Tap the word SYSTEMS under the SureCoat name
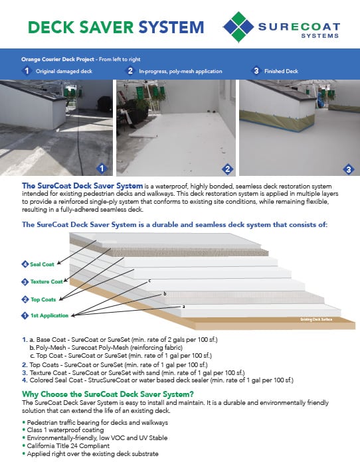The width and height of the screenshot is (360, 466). pos(321,37)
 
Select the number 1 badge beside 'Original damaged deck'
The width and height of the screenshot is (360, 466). pos(26,70)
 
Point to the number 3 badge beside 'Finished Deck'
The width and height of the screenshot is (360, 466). pos(256,70)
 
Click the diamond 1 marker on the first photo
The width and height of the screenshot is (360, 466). pos(102,168)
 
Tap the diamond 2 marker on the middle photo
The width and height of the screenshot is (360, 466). pos(227,168)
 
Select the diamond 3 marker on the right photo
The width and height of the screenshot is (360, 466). pos(349,168)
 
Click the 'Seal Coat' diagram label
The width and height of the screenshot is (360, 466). pos(41,265)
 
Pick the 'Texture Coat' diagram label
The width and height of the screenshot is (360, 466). pos(45,281)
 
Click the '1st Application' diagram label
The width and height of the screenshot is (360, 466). pos(47,315)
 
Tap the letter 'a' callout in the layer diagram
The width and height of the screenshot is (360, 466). pos(183,306)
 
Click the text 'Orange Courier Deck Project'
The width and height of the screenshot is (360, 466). pos(54,59)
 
